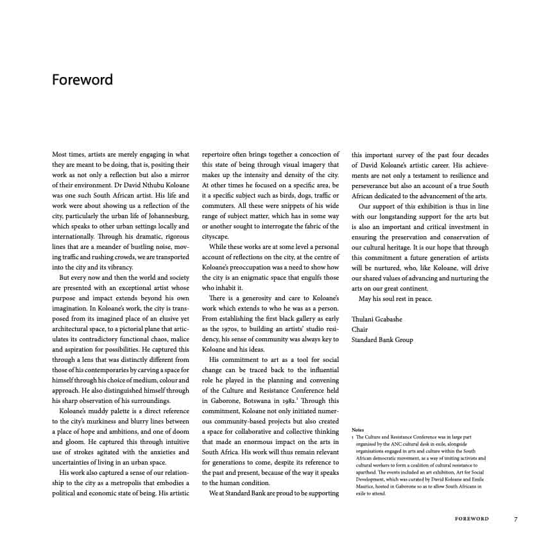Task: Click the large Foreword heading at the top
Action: pos(82,80)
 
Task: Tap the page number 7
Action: pos(515,518)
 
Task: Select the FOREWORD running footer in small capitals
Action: pos(472,518)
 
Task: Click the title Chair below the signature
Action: pos(359,329)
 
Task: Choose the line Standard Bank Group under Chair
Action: pos(382,339)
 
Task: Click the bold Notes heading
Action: pos(359,429)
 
